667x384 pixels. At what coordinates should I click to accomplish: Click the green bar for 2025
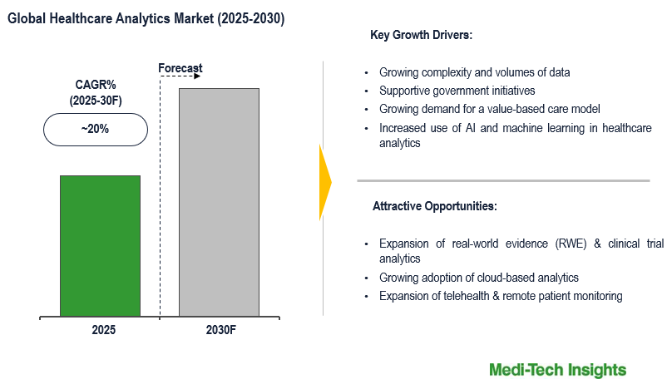coord(100,245)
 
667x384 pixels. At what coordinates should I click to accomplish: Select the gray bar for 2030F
coord(219,201)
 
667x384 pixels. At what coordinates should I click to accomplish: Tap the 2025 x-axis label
coord(103,330)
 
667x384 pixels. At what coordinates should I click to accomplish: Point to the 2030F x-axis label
coord(221,330)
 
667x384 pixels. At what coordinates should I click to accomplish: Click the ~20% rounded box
coord(95,130)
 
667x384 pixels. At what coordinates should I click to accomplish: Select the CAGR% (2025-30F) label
coord(95,92)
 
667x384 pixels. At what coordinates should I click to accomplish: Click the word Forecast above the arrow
coord(180,67)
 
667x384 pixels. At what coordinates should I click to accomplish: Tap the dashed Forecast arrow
coord(180,77)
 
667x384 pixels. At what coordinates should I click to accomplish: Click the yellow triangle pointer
coord(325,182)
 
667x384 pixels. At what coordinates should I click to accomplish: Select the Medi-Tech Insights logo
coord(557,369)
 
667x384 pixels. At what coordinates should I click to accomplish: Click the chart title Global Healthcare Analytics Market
coord(146,18)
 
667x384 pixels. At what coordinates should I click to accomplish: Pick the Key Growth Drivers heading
coord(421,36)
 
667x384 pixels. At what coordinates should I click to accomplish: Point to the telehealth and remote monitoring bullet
coord(500,296)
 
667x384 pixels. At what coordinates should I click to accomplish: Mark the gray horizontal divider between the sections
coord(503,180)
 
